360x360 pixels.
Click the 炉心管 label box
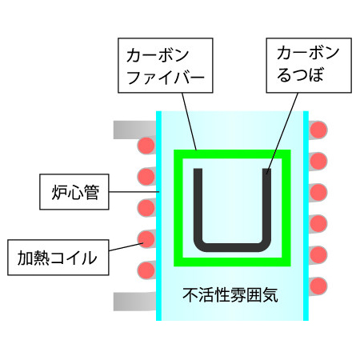(74, 192)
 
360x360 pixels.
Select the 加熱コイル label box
(58, 258)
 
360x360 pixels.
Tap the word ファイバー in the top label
(166, 77)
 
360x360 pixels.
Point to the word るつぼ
(300, 74)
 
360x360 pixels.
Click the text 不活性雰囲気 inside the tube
(230, 295)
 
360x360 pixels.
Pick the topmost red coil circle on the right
(318, 130)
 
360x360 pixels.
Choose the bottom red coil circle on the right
(318, 286)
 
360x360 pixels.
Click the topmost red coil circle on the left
(146, 146)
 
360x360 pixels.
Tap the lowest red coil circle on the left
(146, 270)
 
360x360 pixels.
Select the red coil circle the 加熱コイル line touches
(146, 239)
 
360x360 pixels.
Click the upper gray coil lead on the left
(134, 130)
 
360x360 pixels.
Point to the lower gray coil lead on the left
(134, 302)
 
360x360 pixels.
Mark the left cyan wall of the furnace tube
(159, 216)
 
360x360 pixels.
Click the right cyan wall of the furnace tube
(306, 216)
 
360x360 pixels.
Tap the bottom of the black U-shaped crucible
(232, 247)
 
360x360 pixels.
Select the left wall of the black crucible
(198, 206)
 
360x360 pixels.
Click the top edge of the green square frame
(232, 154)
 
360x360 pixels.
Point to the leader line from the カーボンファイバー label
(190, 122)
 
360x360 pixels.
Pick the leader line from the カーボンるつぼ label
(282, 134)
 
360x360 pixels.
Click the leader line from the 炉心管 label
(134, 192)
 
